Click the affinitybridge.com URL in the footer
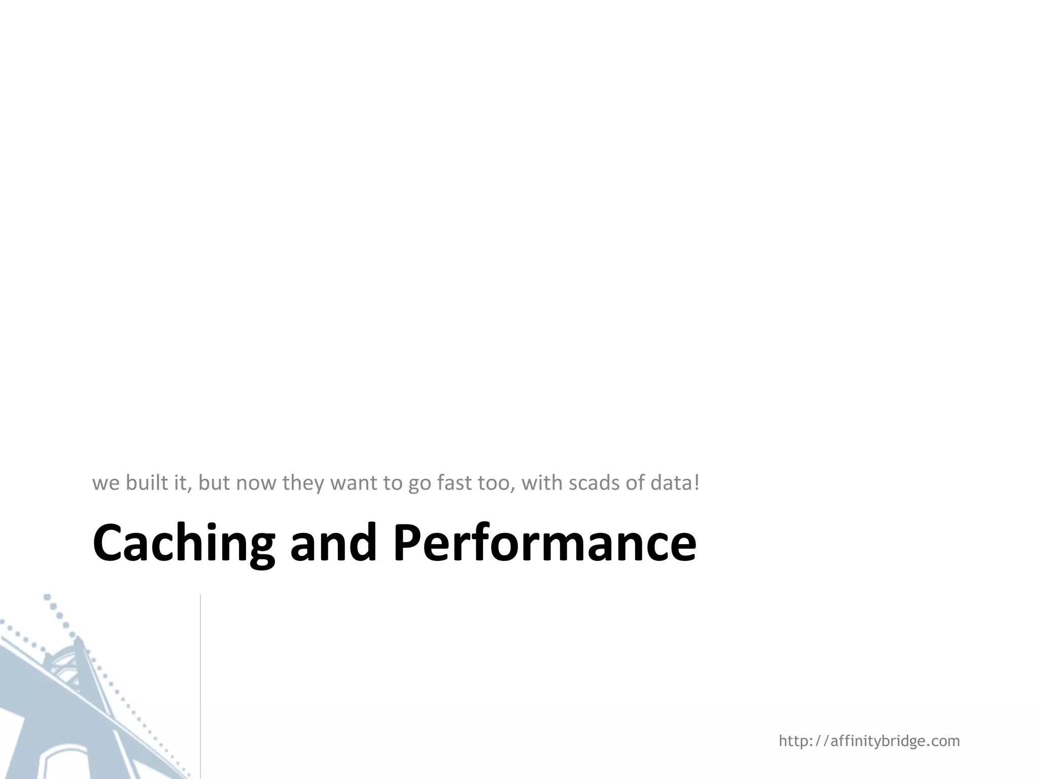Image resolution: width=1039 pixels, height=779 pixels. [x=869, y=741]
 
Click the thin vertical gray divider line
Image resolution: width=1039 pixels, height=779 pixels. [x=200, y=685]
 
